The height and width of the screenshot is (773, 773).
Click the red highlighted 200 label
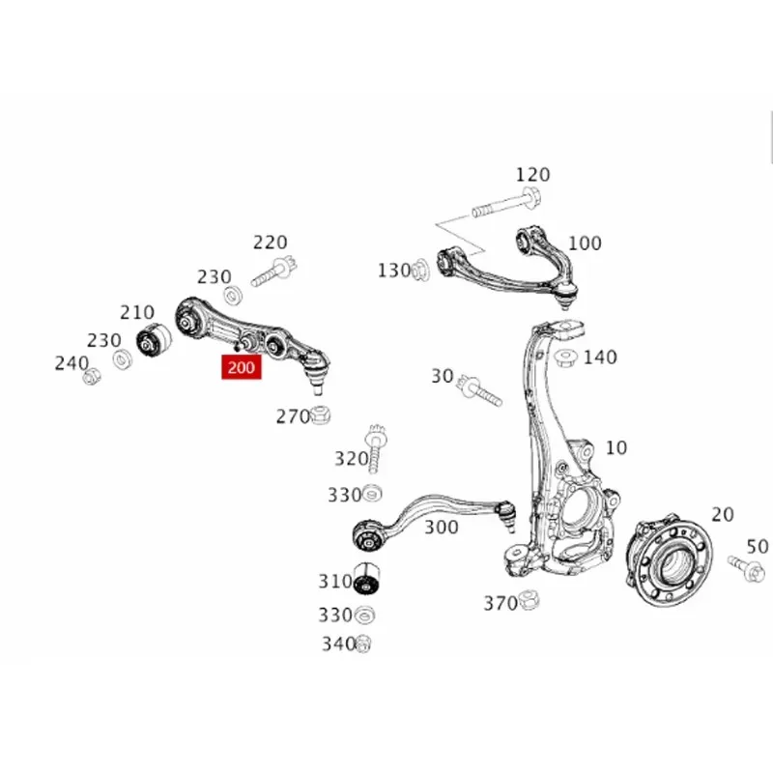pos(242,367)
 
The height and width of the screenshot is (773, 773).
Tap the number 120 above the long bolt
pos(533,175)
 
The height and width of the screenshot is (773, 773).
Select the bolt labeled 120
pos(506,203)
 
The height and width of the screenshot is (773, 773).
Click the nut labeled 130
pos(420,271)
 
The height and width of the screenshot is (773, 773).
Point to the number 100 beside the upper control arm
pos(585,243)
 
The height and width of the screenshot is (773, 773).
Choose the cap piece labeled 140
pos(566,358)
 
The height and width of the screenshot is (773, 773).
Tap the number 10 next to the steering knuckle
pos(616,447)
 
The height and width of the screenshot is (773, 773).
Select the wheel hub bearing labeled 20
pos(669,561)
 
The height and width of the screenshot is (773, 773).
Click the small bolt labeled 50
pos(746,568)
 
